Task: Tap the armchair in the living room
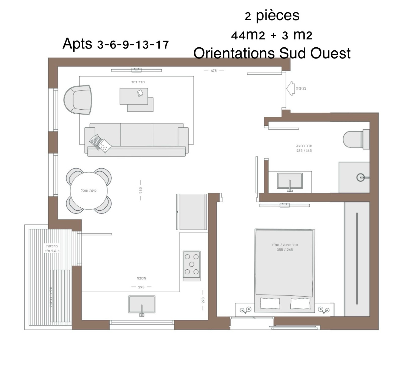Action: (x=78, y=100)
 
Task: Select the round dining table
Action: (x=89, y=190)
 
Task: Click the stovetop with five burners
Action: (x=192, y=264)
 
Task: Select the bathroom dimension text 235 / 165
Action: (x=304, y=151)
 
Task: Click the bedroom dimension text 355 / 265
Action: (x=285, y=250)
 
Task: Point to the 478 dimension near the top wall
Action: (x=214, y=71)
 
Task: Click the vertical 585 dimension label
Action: (x=140, y=190)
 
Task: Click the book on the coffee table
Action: (x=140, y=93)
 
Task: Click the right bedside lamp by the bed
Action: (x=324, y=309)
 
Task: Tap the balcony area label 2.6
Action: (x=52, y=251)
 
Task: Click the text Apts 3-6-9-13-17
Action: (x=115, y=44)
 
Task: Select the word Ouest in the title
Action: (x=330, y=53)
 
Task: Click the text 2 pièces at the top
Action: (x=272, y=16)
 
